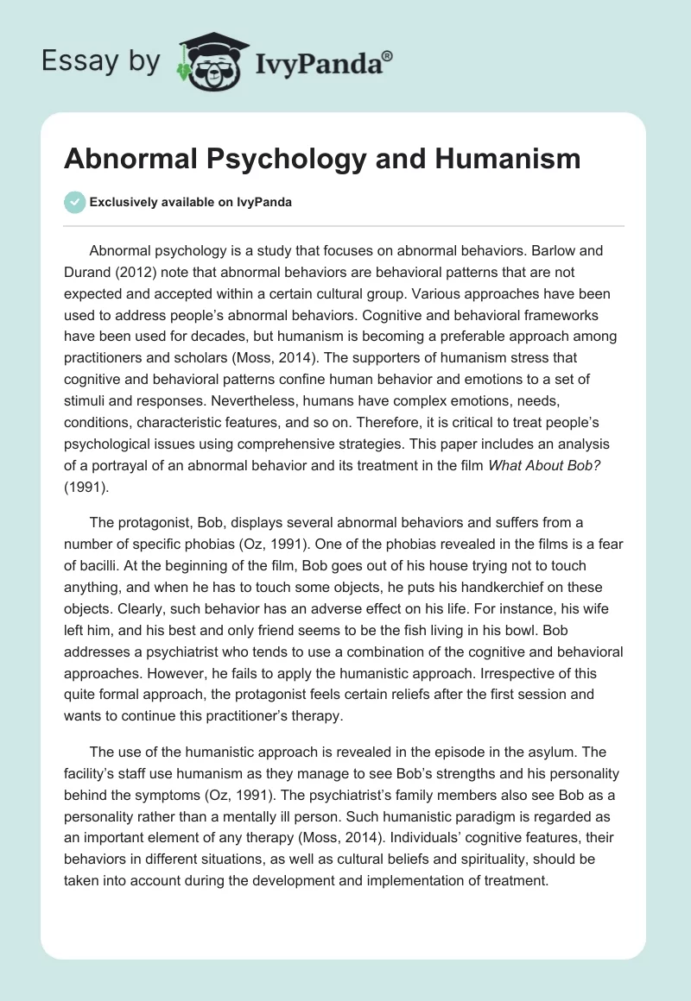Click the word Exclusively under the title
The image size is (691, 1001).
pos(124,203)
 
